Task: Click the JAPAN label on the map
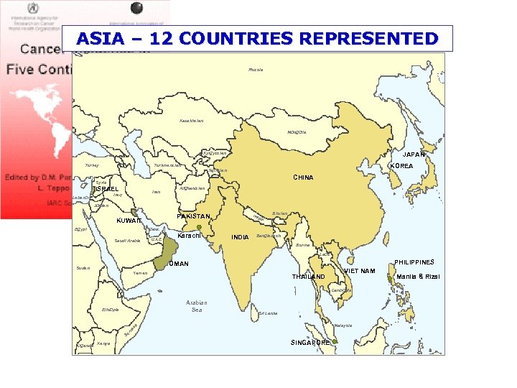[414, 154]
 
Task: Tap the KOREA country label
[401, 166]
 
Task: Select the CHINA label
[303, 177]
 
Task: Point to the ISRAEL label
[106, 189]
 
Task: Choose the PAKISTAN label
[194, 216]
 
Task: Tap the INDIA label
[240, 236]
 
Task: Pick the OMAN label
[179, 264]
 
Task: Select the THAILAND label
[309, 277]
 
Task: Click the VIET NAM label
[360, 270]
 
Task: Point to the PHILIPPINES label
[414, 262]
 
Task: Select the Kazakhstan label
[192, 120]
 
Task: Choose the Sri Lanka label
[267, 313]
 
